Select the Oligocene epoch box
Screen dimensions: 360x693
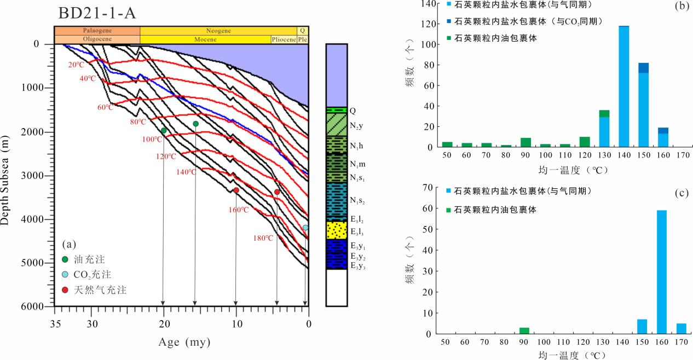(97, 39)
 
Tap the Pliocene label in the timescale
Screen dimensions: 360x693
(284, 39)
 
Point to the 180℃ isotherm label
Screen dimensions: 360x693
(263, 238)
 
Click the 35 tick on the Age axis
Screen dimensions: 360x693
(55, 323)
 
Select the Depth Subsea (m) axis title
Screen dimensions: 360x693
(6, 175)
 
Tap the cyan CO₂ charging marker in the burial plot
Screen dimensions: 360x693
(305, 228)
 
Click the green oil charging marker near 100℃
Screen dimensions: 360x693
(164, 130)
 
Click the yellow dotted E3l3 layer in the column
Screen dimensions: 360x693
(337, 230)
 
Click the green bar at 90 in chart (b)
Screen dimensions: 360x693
(525, 142)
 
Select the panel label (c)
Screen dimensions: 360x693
(682, 193)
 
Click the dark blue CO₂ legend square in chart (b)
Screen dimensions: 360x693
(450, 21)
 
